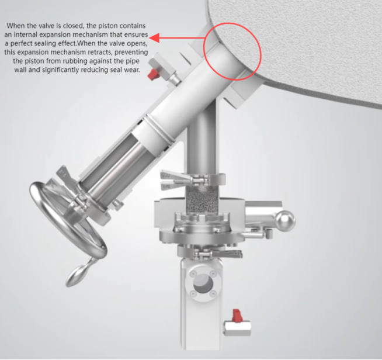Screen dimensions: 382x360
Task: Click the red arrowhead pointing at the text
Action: coord(154,38)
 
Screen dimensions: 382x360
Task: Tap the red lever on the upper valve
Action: coord(154,74)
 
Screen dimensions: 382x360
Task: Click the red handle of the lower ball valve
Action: coord(237,316)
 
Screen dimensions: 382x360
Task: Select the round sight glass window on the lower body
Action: coord(203,283)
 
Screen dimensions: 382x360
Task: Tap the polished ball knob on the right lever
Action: coord(285,221)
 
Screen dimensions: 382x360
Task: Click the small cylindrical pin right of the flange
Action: coord(269,234)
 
